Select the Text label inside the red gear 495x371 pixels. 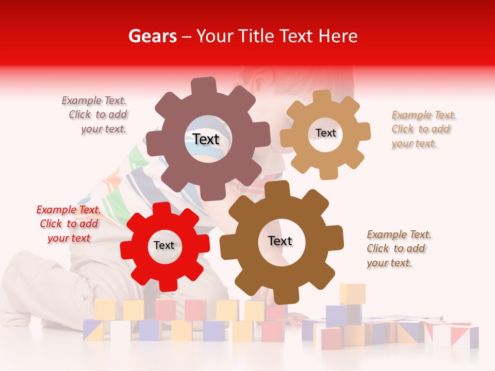coord(164,245)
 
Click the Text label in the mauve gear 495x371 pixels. coord(206,139)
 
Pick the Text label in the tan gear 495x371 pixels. coord(325,133)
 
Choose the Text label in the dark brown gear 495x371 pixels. coord(280,241)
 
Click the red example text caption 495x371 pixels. coord(68,224)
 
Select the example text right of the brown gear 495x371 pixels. coord(398,248)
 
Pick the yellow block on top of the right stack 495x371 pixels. coord(352,293)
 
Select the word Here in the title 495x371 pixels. coord(339,36)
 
